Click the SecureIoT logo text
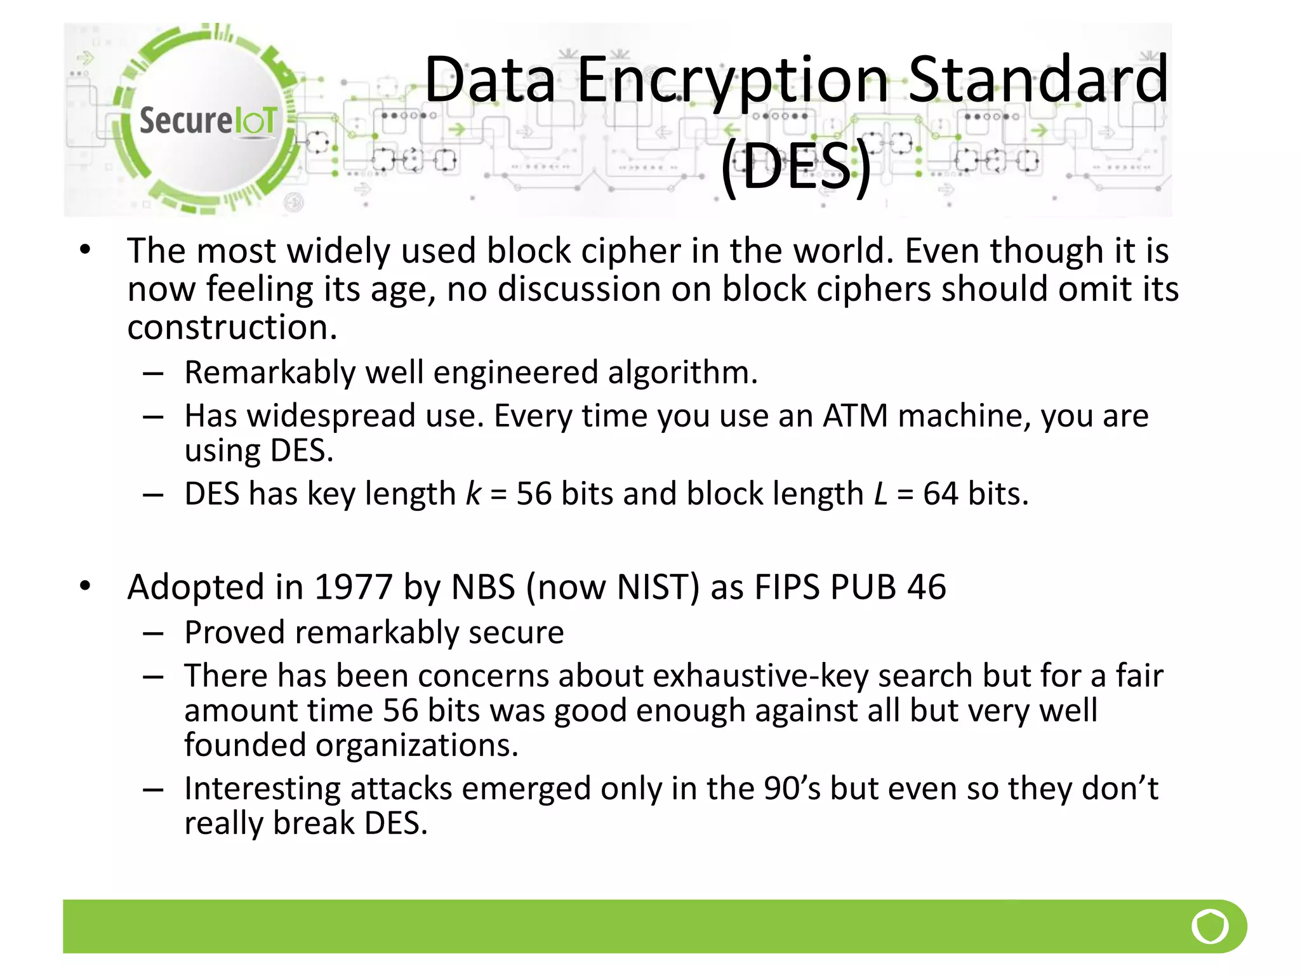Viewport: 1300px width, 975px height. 208,121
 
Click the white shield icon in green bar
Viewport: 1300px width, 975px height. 1210,926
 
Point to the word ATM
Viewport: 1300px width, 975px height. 855,416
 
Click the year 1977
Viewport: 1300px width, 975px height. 353,587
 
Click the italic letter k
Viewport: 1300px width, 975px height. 474,494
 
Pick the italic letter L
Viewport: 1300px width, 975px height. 880,494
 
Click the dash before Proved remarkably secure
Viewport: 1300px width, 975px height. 154,633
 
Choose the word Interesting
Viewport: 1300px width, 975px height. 262,788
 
